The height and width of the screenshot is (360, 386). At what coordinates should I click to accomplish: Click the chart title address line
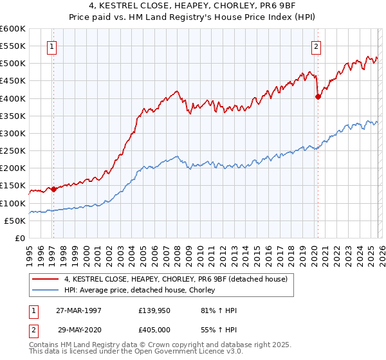click(193, 6)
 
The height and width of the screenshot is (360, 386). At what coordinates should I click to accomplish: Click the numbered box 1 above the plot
click(51, 46)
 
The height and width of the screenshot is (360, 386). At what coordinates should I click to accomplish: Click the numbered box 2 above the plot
click(317, 46)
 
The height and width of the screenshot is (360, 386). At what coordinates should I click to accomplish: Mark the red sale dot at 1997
click(54, 189)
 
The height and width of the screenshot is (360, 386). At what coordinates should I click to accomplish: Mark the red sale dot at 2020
click(318, 97)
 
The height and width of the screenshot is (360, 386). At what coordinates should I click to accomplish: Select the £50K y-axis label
click(15, 221)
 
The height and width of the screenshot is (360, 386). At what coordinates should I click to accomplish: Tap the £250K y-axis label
click(13, 151)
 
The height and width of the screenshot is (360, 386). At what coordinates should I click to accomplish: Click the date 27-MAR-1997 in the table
click(78, 310)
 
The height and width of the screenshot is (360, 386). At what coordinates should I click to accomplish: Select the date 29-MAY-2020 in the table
click(78, 328)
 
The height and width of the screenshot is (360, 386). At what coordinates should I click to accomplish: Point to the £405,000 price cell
click(155, 328)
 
